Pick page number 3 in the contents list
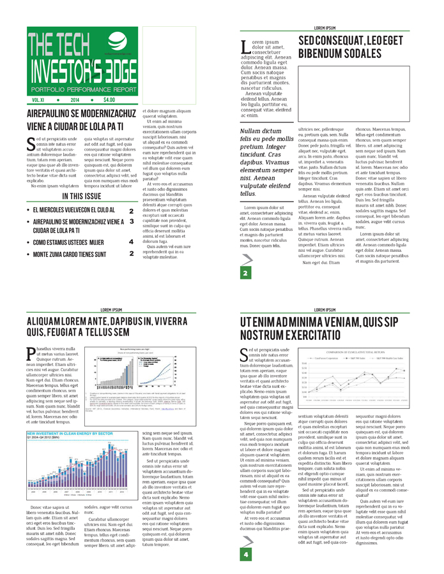coord(131,220)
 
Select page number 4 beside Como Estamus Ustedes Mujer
coord(131,242)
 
